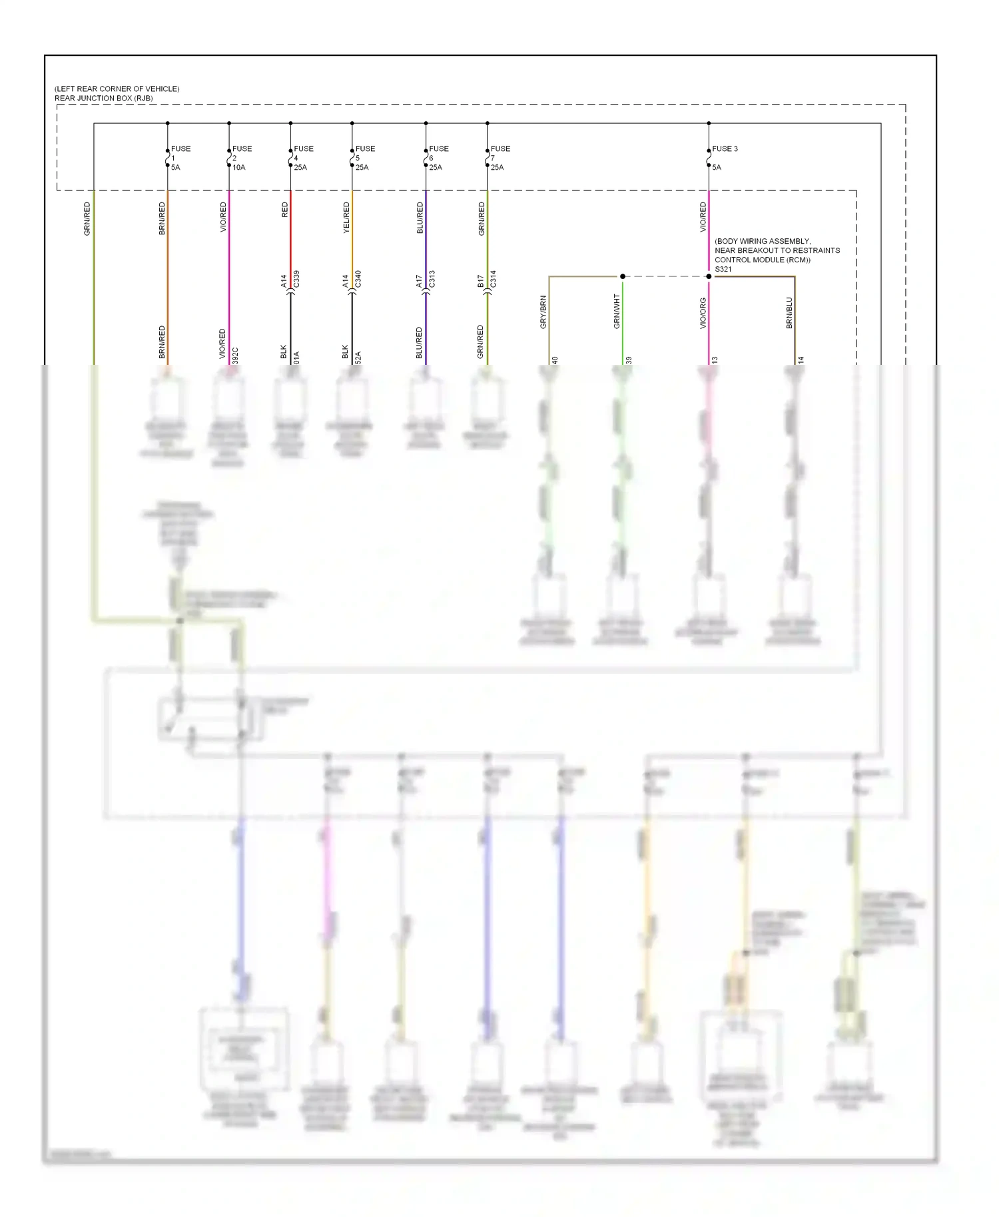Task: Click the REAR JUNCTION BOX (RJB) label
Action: [x=103, y=98]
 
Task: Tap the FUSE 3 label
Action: [x=725, y=148]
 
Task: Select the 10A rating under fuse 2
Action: [x=239, y=167]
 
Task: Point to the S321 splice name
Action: [x=723, y=269]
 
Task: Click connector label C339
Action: [x=296, y=279]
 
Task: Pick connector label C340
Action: [x=358, y=279]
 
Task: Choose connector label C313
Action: [x=432, y=279]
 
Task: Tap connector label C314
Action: [x=494, y=279]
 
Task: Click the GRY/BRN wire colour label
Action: [x=543, y=312]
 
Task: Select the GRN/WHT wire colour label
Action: [x=617, y=312]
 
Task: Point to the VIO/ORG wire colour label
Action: [x=703, y=313]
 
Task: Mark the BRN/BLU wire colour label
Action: [x=789, y=313]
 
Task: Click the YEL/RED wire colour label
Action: [x=346, y=218]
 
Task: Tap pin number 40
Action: [x=555, y=360]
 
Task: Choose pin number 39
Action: [x=629, y=360]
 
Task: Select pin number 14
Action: [x=801, y=360]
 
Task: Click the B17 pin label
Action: [x=481, y=282]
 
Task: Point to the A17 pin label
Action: [x=419, y=282]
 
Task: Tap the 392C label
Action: [x=235, y=356]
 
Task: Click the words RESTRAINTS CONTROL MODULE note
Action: [x=777, y=255]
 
